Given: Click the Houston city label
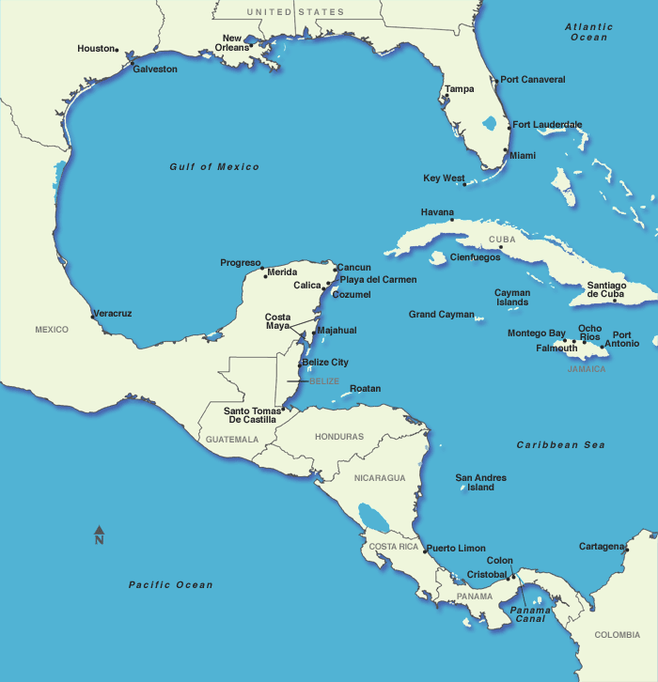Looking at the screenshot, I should tap(95, 48).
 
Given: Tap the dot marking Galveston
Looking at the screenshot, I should tap(133, 65).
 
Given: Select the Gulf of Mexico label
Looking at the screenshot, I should tap(214, 167).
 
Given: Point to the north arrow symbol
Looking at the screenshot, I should tap(99, 535).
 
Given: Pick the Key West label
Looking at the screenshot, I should tap(444, 178).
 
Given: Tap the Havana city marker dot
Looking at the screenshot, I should tap(452, 221).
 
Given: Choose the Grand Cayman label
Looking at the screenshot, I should tap(441, 315).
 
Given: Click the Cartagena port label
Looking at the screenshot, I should tap(601, 546).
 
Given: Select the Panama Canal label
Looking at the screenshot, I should tap(530, 614).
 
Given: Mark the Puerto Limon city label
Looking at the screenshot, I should tap(456, 549).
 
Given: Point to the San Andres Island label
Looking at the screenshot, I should tap(480, 483).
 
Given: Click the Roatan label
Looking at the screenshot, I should tap(366, 388).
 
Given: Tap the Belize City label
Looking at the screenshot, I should tap(325, 362).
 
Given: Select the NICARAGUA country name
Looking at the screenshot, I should tap(380, 478).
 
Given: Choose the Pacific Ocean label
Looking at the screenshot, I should tap(171, 585).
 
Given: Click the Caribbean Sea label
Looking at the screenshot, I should tap(561, 444).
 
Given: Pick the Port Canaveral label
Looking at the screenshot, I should tap(533, 80).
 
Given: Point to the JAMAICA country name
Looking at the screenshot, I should tap(587, 369).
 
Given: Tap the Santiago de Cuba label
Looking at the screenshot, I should tap(606, 289).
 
